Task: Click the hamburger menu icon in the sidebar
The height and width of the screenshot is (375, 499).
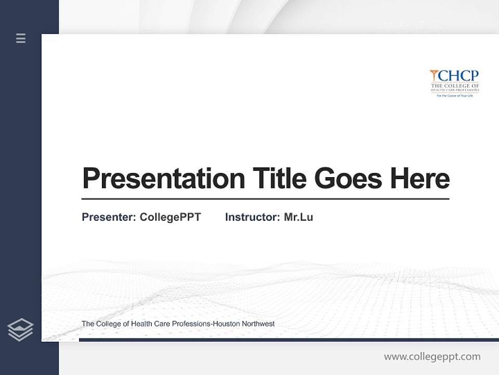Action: pyautogui.click(x=21, y=38)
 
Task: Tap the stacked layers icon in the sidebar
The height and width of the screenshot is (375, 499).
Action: pyautogui.click(x=20, y=330)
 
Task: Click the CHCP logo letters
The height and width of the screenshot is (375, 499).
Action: pyautogui.click(x=458, y=76)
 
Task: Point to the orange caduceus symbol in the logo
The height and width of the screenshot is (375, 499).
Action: pyautogui.click(x=434, y=76)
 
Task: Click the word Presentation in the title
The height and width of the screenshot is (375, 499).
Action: pyautogui.click(x=163, y=179)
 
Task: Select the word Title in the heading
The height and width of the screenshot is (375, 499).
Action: pyautogui.click(x=279, y=179)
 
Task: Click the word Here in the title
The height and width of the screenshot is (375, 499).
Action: pyautogui.click(x=419, y=179)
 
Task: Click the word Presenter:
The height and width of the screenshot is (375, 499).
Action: pyautogui.click(x=109, y=217)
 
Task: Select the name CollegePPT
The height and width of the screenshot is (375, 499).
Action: pyautogui.click(x=170, y=217)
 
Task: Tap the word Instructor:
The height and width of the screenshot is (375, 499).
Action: pyautogui.click(x=252, y=217)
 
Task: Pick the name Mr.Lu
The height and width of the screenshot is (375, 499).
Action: pyautogui.click(x=298, y=217)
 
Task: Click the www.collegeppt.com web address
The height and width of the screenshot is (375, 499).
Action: pyautogui.click(x=432, y=357)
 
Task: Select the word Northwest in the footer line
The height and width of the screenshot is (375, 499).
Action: pyautogui.click(x=258, y=324)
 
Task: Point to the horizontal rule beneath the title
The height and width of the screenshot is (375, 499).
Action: pyautogui.click(x=265, y=199)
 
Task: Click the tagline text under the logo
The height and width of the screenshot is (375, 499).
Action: pyautogui.click(x=454, y=96)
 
